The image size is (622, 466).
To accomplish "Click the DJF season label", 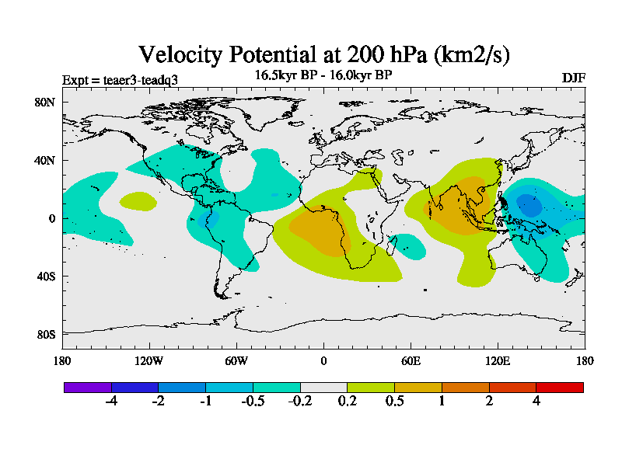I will pyautogui.click(x=573, y=78).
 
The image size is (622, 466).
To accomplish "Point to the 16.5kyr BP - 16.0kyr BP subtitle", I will pyautogui.click(x=323, y=75).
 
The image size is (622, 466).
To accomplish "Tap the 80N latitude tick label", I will pyautogui.click(x=44, y=103).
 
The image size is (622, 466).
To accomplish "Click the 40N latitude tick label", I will pyautogui.click(x=44, y=161).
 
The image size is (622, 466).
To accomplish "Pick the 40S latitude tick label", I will pyautogui.click(x=44, y=276).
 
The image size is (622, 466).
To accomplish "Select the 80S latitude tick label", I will pyautogui.click(x=44, y=335).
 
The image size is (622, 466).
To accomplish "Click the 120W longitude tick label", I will pyautogui.click(x=149, y=360).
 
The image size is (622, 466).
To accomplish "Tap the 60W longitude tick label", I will pyautogui.click(x=236, y=360).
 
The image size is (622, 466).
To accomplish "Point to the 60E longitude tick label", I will pyautogui.click(x=411, y=360).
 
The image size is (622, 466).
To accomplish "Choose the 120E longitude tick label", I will pyautogui.click(x=498, y=360).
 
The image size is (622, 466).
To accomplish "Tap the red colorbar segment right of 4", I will pyautogui.click(x=560, y=387).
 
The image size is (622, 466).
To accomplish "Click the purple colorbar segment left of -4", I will pyautogui.click(x=88, y=387).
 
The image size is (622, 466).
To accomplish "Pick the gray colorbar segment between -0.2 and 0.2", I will pyautogui.click(x=323, y=387).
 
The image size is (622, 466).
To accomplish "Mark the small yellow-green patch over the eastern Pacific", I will pyautogui.click(x=138, y=201).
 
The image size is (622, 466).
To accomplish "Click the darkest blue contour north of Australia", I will pyautogui.click(x=529, y=206).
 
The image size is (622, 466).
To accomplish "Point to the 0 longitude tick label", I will pyautogui.click(x=323, y=360).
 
